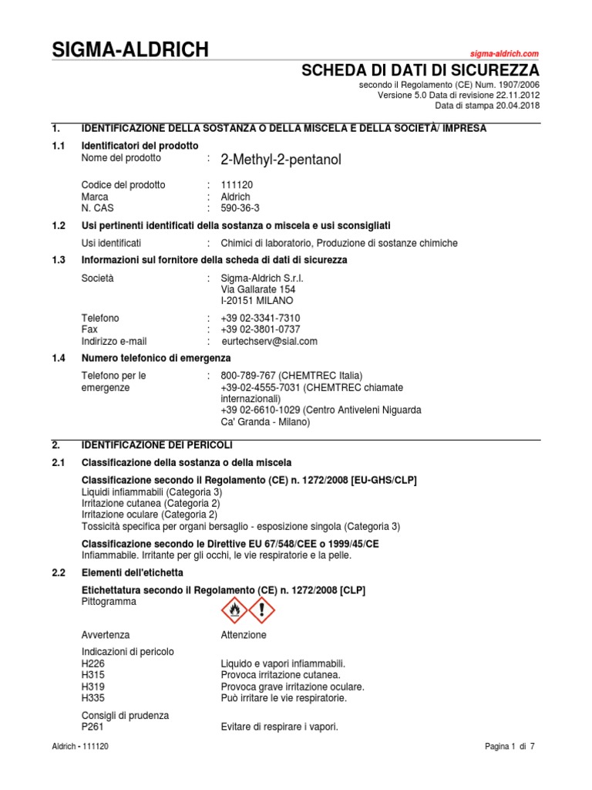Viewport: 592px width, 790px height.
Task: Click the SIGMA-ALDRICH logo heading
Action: click(x=129, y=51)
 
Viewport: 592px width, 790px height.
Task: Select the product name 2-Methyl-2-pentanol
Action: click(x=280, y=160)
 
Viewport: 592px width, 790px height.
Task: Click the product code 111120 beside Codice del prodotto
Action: click(x=237, y=185)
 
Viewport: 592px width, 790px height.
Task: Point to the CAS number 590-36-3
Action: click(x=240, y=208)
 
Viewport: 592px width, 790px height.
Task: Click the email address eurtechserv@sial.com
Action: click(x=269, y=341)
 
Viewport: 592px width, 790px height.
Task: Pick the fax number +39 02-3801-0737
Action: click(x=261, y=329)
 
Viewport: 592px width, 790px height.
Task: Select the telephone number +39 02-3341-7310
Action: click(x=261, y=318)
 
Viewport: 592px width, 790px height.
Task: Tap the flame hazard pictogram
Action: click(x=235, y=610)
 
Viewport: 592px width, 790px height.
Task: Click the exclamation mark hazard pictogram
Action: click(x=262, y=610)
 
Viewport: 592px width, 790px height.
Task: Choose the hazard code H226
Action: click(x=92, y=663)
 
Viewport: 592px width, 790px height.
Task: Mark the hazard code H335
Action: click(x=92, y=698)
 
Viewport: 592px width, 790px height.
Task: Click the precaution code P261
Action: click(x=92, y=727)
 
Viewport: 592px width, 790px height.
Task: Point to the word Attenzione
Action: click(x=244, y=635)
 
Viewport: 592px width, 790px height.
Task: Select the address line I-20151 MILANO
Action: click(x=257, y=301)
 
